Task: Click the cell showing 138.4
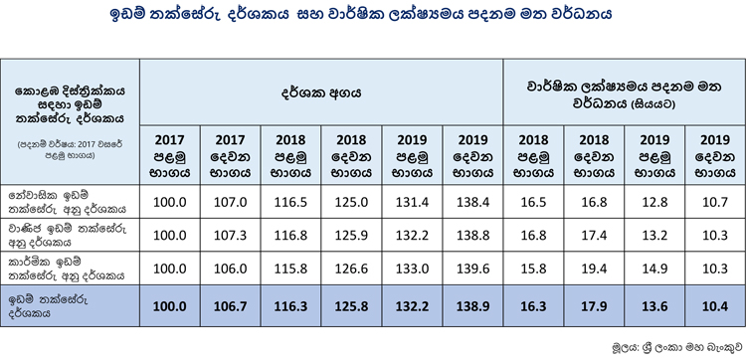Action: [472, 202]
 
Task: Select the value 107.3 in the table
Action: [231, 236]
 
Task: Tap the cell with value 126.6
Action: [351, 269]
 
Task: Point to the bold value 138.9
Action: [472, 306]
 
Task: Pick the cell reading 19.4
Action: [594, 269]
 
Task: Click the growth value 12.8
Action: [654, 202]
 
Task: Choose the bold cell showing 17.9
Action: [594, 306]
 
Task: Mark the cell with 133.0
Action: [412, 269]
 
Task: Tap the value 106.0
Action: [231, 269]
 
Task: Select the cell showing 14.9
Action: [654, 269]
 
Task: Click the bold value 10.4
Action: [715, 306]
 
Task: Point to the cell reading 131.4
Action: [412, 202]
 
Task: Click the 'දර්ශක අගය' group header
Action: [320, 92]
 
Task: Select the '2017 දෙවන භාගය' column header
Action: [231, 156]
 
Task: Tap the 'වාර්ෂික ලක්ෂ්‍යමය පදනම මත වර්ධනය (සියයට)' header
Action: [625, 95]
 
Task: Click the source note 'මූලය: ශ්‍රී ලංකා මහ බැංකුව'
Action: [677, 346]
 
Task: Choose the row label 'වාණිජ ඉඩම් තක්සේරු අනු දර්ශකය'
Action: [68, 236]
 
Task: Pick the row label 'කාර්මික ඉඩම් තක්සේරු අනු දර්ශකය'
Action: [66, 269]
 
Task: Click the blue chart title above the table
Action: [361, 14]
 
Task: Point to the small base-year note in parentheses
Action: [70, 149]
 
